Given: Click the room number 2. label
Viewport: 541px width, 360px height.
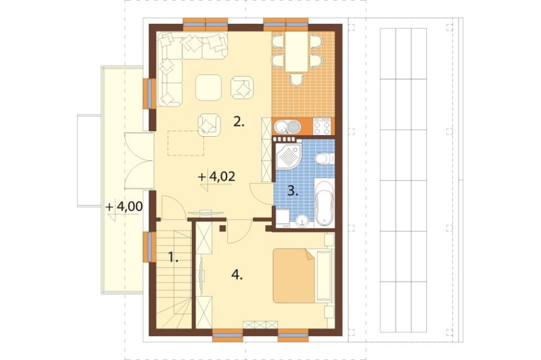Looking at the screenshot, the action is point(239,122).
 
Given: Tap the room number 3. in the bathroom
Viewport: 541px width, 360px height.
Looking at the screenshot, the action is point(293,191).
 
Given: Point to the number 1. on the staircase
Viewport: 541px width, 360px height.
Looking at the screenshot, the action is point(173,257).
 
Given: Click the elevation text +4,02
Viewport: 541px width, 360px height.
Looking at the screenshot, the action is point(217,177).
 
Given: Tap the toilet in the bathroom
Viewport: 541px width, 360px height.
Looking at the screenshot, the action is point(324,158).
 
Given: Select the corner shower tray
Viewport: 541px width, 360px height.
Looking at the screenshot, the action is point(289,157).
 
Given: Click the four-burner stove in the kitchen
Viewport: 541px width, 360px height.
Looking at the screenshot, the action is point(321,126).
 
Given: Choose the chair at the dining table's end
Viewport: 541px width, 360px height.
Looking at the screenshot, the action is point(296,80).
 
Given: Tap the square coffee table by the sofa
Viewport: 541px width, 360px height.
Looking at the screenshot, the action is point(208,88).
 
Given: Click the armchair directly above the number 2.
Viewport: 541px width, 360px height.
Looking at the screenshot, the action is point(242,88).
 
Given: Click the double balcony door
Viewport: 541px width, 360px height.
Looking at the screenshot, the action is point(139,161).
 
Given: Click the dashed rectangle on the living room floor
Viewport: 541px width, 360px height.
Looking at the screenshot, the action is point(186,143).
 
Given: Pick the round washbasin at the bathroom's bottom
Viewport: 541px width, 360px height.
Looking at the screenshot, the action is point(302,220).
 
